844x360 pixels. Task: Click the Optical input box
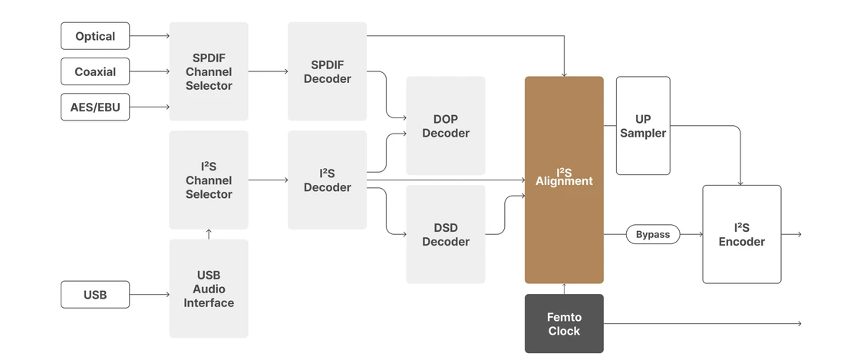[x=95, y=36]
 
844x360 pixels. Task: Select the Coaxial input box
[x=95, y=71]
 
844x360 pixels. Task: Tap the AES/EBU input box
[x=95, y=107]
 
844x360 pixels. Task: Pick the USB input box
[x=95, y=295]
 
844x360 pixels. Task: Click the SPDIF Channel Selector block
[x=209, y=71]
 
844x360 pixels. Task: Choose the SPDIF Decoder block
[x=327, y=71]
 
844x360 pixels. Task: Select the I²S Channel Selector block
[x=209, y=180]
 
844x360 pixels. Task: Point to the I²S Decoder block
[x=327, y=180]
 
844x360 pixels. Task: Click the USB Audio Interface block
[x=209, y=289]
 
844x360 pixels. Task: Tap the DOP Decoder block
[x=445, y=126]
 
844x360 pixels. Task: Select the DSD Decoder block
[x=445, y=234]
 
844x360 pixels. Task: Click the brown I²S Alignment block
[x=564, y=180]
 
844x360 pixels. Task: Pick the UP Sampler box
[x=643, y=126]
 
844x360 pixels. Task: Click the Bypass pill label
[x=653, y=234]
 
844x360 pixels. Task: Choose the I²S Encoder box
[x=741, y=234]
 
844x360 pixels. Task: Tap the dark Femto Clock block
[x=564, y=324]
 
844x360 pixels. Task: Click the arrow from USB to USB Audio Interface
[x=150, y=295]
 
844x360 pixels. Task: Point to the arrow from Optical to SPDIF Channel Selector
[x=150, y=36]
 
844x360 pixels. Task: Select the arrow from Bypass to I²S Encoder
[x=691, y=234]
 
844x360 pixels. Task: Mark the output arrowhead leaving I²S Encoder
[x=799, y=234]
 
